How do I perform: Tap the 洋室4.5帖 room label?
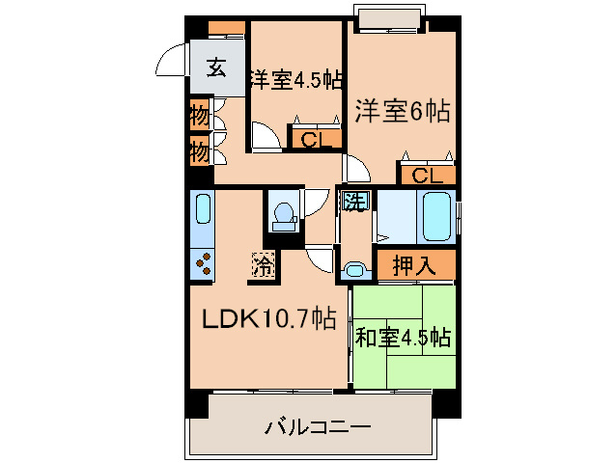click(296, 79)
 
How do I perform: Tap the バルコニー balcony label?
click(318, 426)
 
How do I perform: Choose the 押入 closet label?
click(415, 265)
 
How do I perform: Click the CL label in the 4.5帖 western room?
click(315, 141)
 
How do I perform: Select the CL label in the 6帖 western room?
click(427, 176)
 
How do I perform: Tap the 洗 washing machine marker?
click(354, 203)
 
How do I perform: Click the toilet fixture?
click(283, 216)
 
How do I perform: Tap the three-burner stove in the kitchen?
click(203, 261)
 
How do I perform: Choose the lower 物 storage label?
click(199, 151)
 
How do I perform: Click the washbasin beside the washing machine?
click(354, 269)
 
